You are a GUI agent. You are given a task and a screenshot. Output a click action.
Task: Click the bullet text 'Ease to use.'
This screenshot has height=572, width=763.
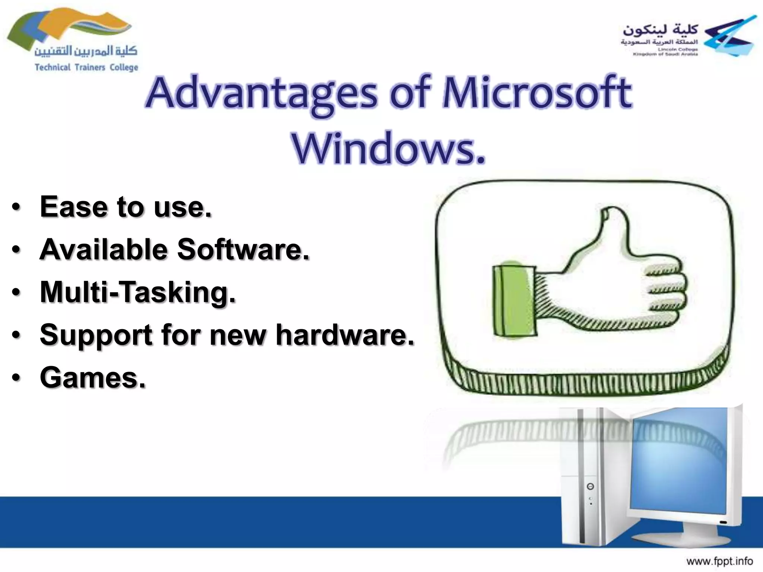coord(126,207)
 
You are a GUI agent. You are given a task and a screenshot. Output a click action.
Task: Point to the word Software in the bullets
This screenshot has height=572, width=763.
coord(242,249)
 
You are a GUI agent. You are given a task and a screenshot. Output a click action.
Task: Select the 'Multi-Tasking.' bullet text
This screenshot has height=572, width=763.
coord(138,292)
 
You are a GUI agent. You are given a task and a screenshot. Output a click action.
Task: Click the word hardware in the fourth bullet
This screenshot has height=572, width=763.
coord(345,334)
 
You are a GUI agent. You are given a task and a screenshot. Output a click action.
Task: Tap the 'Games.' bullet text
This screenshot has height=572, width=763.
coord(92,377)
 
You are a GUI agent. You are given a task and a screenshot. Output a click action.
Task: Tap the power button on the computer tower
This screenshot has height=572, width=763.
coord(590,486)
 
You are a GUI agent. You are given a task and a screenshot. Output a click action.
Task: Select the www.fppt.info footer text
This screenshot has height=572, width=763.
coord(719,561)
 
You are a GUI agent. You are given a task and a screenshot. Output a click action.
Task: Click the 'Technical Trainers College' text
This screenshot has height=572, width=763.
coord(86,67)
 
